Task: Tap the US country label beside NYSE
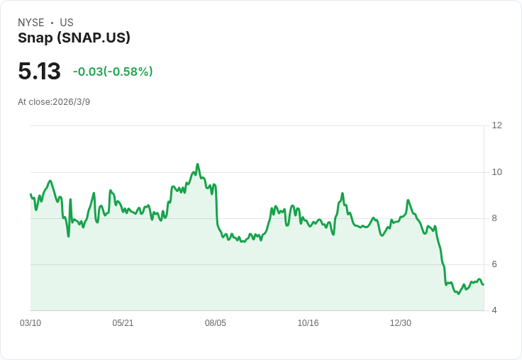point(67,23)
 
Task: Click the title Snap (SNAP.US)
point(74,38)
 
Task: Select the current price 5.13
point(39,72)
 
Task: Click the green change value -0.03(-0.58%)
point(113,72)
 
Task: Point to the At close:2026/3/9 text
point(54,102)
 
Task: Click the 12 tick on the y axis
point(496,125)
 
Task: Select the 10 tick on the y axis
point(496,172)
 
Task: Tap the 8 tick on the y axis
point(494,218)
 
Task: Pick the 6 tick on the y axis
point(494,264)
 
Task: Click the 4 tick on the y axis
point(494,310)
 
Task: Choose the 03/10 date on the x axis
point(30,323)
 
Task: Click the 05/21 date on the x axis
point(123,323)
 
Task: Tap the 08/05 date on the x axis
point(216,323)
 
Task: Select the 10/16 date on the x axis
point(308,323)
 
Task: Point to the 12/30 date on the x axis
point(401,323)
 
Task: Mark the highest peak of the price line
point(197,164)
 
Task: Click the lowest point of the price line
point(458,293)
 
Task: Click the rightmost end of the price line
point(484,284)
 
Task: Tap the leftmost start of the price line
point(30,193)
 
